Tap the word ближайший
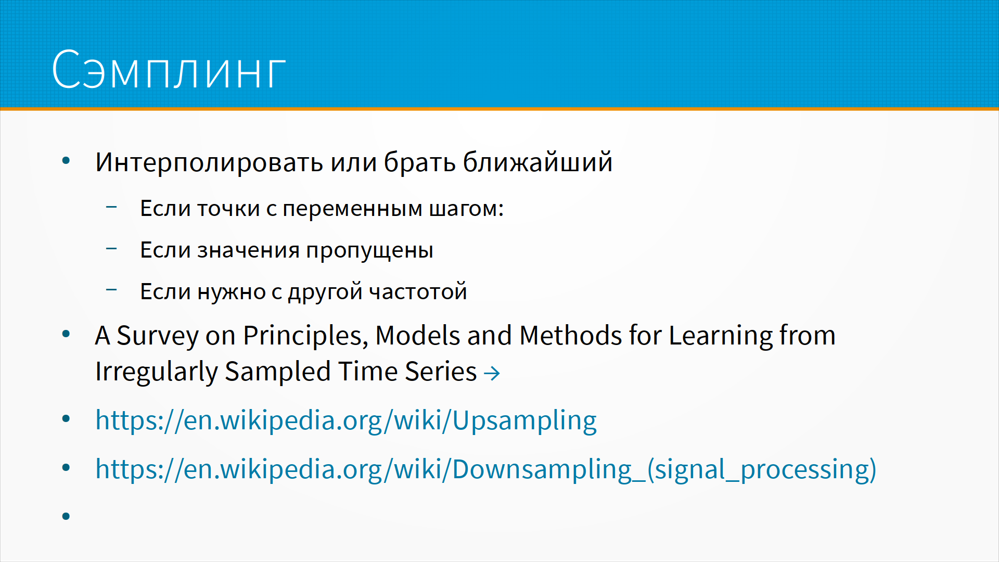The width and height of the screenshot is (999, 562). [x=537, y=162]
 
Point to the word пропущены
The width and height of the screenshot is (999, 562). [x=369, y=251]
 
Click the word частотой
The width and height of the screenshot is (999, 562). [x=418, y=291]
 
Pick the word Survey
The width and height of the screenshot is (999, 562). [x=158, y=336]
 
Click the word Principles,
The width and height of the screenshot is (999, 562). [x=305, y=336]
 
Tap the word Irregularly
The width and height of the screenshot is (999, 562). [x=157, y=372]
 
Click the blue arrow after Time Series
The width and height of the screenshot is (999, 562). [x=492, y=373]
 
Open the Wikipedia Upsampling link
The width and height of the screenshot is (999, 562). [x=346, y=420]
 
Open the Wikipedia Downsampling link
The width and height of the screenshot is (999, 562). [x=486, y=469]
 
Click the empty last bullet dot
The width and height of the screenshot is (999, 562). [x=66, y=516]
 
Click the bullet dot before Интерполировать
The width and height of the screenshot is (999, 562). [x=66, y=161]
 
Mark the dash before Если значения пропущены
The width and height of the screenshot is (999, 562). [x=111, y=249]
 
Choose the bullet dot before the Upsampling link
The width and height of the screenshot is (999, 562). [x=66, y=419]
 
